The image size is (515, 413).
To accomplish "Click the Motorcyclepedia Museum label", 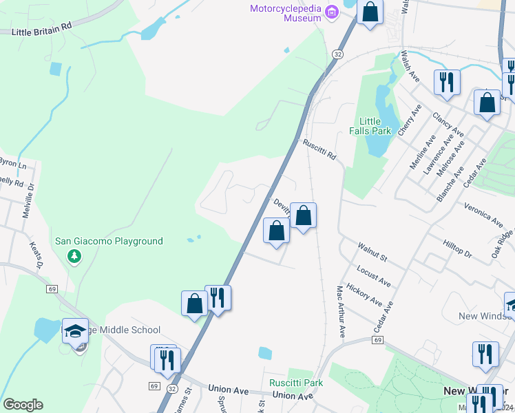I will pyautogui.click(x=285, y=13).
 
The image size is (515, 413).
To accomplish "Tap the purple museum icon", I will pyautogui.click(x=332, y=11).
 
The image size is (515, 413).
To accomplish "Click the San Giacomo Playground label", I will pyautogui.click(x=109, y=241).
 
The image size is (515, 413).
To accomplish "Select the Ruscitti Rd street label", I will pyautogui.click(x=319, y=149).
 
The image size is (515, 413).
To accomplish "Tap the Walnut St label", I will pyautogui.click(x=372, y=251).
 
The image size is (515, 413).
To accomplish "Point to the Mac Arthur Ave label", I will pyautogui.click(x=339, y=312).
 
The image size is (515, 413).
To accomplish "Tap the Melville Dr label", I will pyautogui.click(x=28, y=204).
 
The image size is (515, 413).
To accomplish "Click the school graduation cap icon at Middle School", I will pyautogui.click(x=75, y=332).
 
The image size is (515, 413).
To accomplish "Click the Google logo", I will pyautogui.click(x=23, y=405).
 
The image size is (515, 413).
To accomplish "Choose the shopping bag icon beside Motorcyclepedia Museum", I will pyautogui.click(x=370, y=12).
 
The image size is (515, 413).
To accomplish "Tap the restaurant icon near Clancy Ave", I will pyautogui.click(x=446, y=83).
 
